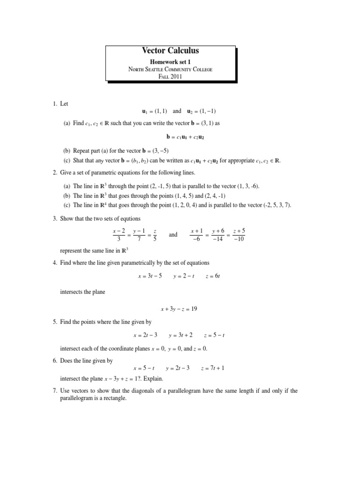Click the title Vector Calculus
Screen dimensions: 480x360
point(171,51)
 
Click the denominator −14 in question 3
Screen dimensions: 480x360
point(218,239)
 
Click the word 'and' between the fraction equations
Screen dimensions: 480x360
point(173,234)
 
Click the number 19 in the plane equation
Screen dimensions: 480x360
point(198,309)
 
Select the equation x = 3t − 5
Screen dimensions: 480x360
point(150,276)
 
